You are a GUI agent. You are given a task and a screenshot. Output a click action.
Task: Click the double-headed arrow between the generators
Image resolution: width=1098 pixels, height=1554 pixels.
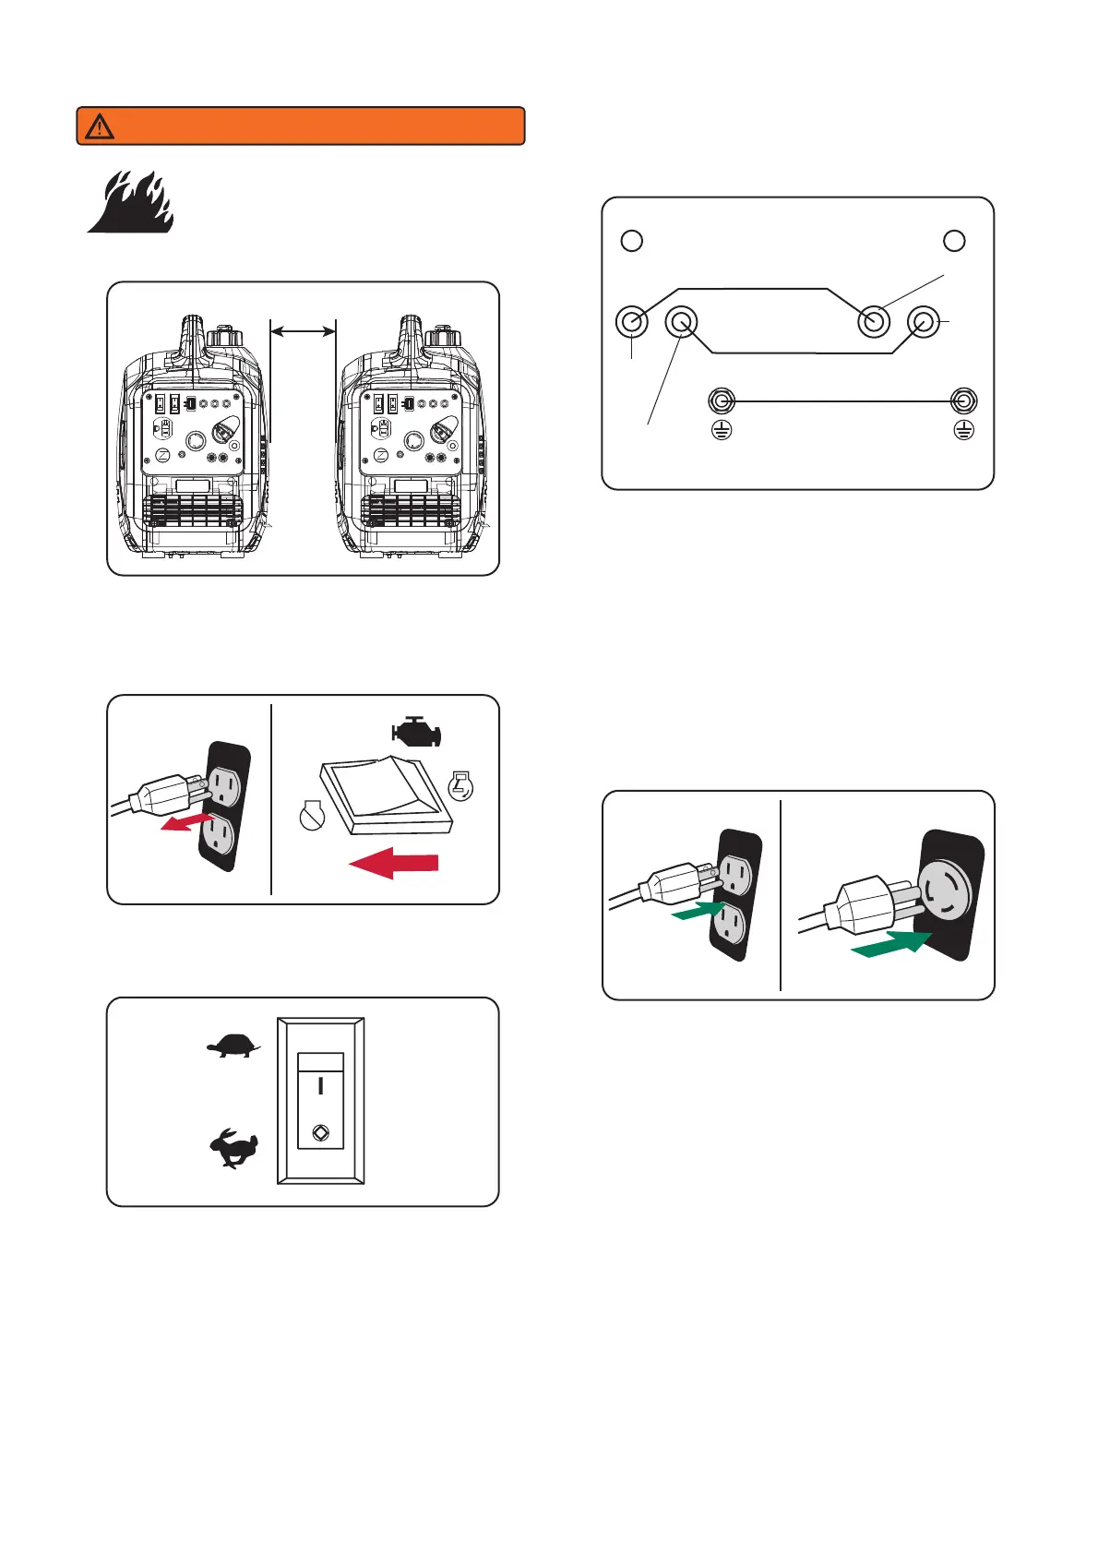pos(303,331)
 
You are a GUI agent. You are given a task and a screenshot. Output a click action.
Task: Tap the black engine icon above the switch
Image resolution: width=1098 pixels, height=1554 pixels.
pos(417,733)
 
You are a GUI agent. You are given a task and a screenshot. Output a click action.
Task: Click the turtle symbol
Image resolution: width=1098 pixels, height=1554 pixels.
pos(233,1046)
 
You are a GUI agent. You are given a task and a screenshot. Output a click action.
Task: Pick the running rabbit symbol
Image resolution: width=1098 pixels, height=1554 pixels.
pos(233,1150)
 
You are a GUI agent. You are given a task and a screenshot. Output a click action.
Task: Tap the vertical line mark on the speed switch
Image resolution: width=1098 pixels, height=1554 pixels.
pos(321,1086)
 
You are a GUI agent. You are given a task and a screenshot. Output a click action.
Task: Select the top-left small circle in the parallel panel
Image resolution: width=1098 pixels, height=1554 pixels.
pos(632,240)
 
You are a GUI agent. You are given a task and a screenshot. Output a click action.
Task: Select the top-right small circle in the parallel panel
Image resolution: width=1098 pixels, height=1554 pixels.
pos(954,240)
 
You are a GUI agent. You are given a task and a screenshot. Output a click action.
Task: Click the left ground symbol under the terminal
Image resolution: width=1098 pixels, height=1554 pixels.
pos(722,430)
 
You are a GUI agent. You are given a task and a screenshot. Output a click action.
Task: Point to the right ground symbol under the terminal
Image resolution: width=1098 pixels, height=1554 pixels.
pos(963,430)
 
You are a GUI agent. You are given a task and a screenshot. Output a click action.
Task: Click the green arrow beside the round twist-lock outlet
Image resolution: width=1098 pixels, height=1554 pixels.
pos(889,944)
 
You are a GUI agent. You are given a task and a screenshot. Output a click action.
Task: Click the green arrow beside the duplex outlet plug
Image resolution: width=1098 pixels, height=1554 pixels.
pos(698,911)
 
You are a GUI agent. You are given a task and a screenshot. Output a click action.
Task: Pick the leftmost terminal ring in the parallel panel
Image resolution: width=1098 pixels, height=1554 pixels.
pos(632,322)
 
